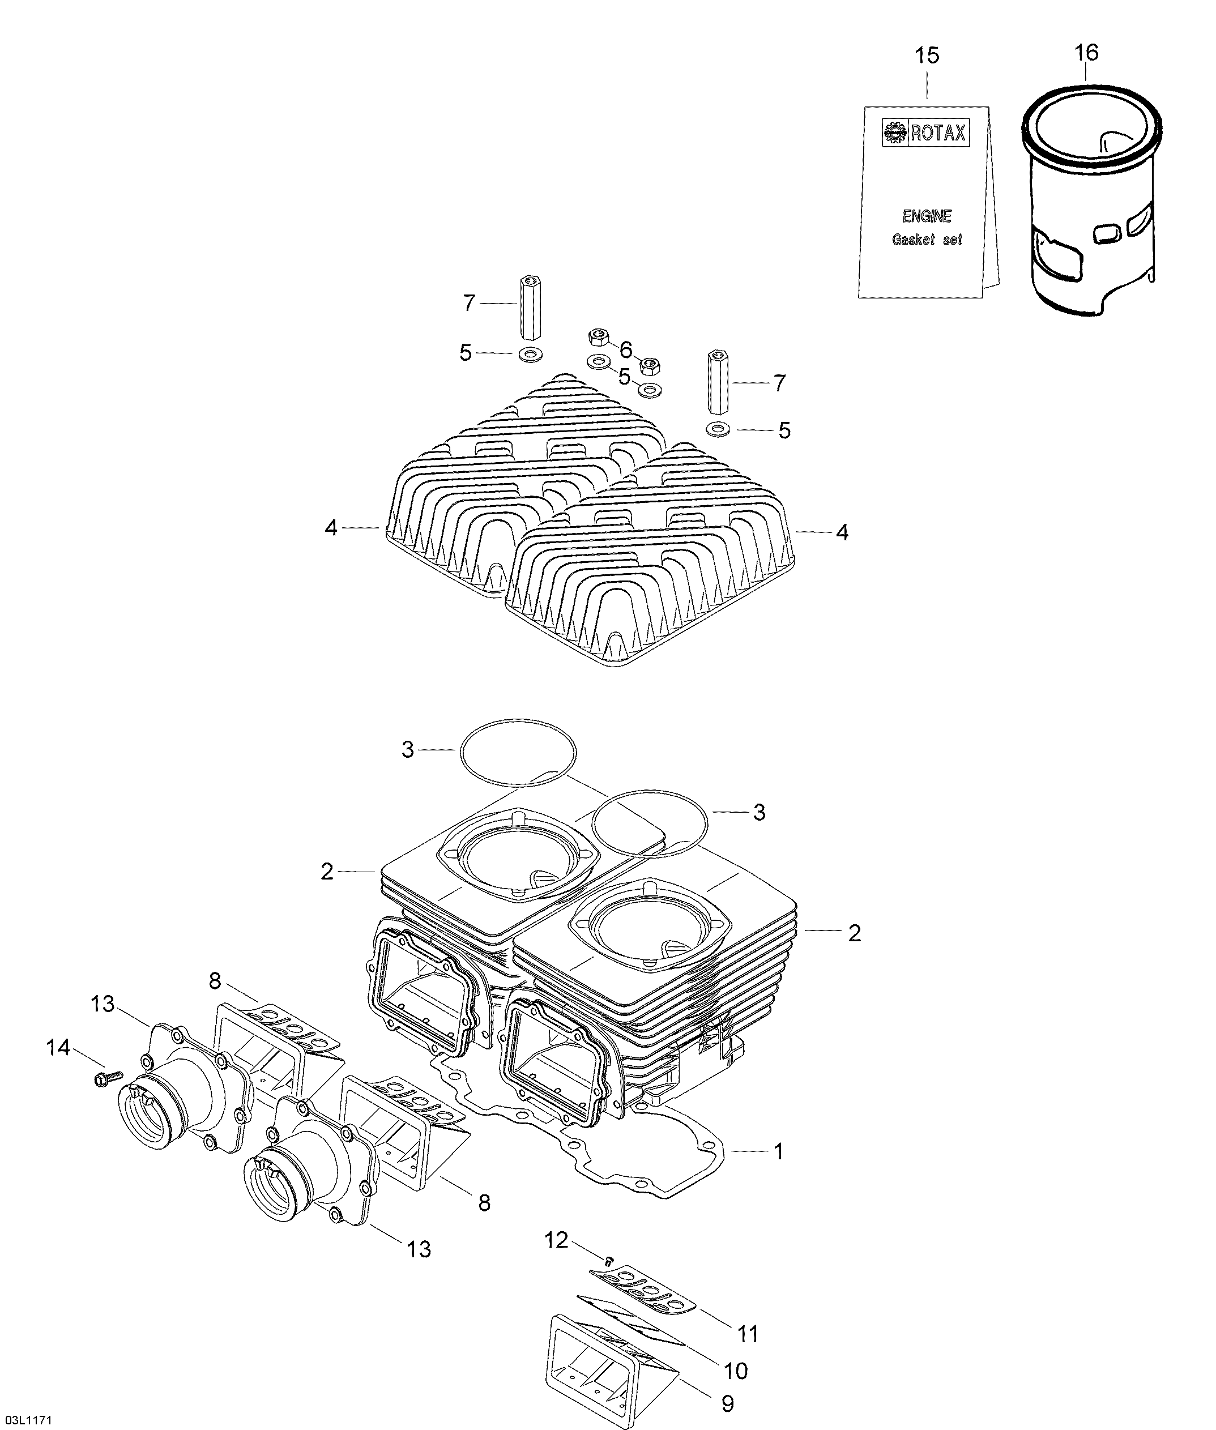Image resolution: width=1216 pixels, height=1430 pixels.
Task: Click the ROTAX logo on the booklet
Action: [926, 133]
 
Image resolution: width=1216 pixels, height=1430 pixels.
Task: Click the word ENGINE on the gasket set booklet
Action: [927, 216]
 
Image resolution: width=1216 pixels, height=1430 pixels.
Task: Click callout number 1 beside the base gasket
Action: [778, 1151]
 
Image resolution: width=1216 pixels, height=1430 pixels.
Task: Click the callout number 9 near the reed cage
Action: [727, 1404]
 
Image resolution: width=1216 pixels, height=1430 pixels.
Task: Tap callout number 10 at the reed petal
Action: [736, 1371]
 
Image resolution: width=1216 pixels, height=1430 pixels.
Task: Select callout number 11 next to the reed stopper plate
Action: [748, 1334]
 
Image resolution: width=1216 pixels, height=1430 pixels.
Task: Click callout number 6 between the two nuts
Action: [625, 350]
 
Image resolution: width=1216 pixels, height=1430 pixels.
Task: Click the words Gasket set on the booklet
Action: [927, 240]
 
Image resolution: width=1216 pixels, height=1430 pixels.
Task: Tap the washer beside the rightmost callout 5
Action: [719, 429]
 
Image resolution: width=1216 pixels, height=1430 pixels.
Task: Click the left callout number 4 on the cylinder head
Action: [331, 528]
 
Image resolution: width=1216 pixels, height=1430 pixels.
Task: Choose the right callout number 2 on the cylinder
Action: [854, 933]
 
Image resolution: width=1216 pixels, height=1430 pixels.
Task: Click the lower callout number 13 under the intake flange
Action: [419, 1249]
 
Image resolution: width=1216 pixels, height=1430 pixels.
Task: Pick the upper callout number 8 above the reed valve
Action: [215, 979]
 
